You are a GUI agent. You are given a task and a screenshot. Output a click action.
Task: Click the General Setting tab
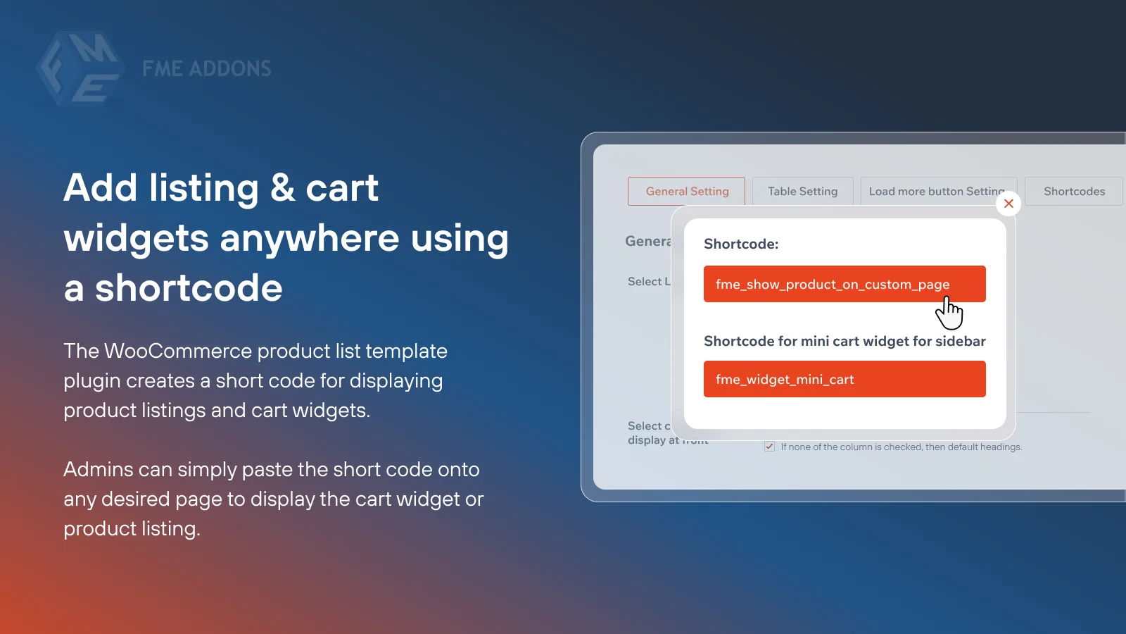(x=686, y=191)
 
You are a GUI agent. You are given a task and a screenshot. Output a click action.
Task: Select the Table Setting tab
(x=802, y=191)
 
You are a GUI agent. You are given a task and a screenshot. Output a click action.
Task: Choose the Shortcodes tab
(x=1074, y=191)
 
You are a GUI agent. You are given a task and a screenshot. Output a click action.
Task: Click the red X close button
(x=1008, y=204)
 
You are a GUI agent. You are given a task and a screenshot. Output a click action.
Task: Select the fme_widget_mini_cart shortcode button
(x=844, y=379)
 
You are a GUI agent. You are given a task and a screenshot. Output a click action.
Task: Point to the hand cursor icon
(x=949, y=313)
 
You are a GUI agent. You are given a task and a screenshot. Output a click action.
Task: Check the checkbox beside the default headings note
(x=770, y=447)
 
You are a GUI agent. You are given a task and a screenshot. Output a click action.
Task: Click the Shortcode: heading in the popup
(x=741, y=244)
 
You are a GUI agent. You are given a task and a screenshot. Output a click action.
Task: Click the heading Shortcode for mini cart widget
(x=844, y=341)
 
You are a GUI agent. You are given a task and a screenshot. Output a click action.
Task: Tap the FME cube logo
(x=80, y=68)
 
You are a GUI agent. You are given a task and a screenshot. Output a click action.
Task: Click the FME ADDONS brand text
(x=206, y=68)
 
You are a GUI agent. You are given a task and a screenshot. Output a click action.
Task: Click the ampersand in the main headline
(x=282, y=187)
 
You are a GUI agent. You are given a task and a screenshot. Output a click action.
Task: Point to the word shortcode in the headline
(x=189, y=288)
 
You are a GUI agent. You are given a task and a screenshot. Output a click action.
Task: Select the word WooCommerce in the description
(x=178, y=351)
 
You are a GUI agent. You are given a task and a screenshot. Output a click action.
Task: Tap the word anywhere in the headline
(x=310, y=238)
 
